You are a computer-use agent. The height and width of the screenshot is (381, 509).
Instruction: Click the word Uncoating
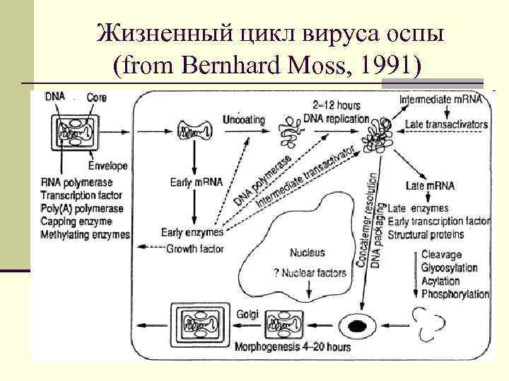click(244, 120)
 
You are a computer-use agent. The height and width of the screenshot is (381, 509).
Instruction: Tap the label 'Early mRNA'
click(197, 182)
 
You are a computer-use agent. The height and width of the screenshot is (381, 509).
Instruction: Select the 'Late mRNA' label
click(431, 186)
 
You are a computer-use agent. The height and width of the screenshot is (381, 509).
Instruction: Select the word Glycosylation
click(449, 268)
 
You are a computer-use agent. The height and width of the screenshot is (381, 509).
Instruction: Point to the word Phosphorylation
click(455, 294)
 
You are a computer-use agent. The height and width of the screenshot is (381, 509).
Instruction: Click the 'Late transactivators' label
click(447, 125)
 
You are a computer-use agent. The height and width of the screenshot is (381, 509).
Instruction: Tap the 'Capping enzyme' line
click(76, 222)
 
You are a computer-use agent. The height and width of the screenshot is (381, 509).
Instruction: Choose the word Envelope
click(107, 166)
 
